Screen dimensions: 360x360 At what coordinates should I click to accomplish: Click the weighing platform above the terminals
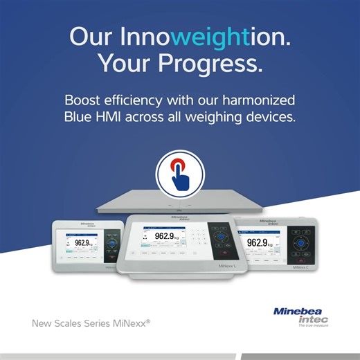180,202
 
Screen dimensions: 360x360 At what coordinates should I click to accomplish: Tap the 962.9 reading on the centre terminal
168,237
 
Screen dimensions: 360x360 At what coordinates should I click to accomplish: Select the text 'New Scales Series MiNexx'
90,323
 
